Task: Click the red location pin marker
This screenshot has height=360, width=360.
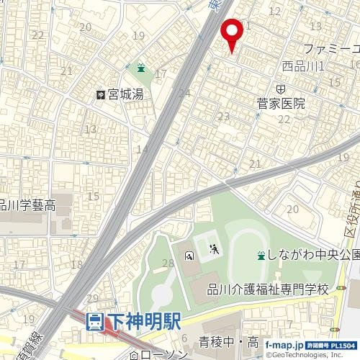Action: pyautogui.click(x=231, y=33)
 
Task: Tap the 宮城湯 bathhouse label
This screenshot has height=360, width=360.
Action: pyautogui.click(x=126, y=94)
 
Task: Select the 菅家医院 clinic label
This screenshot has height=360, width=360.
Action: pyautogui.click(x=281, y=104)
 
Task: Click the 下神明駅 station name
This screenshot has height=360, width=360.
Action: pyautogui.click(x=145, y=322)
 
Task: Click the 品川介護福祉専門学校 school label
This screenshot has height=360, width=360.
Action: pyautogui.click(x=268, y=289)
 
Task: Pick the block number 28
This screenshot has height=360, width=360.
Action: pyautogui.click(x=168, y=264)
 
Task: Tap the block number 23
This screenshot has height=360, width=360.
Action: pyautogui.click(x=224, y=116)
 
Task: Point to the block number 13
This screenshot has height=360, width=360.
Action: pyautogui.click(x=90, y=130)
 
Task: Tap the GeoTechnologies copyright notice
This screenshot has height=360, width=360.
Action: pyautogui.click(x=310, y=355)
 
